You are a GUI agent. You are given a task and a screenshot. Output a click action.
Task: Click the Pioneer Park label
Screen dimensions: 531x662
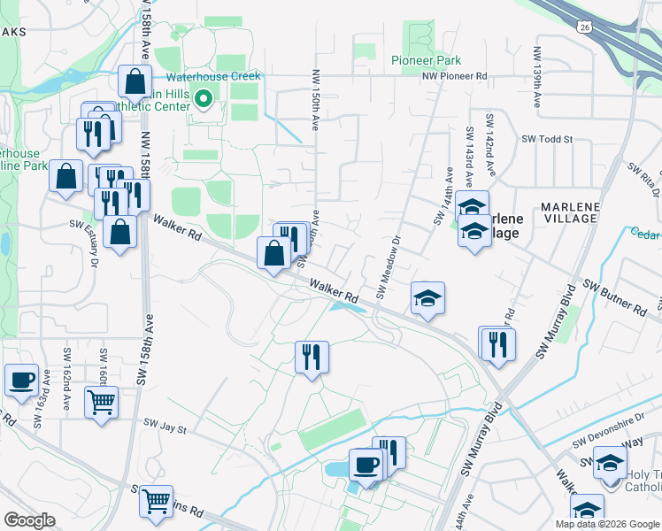427,61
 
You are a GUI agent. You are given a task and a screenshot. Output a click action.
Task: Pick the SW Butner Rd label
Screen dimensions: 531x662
613,300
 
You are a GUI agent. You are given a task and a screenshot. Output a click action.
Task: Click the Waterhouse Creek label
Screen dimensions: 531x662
222,76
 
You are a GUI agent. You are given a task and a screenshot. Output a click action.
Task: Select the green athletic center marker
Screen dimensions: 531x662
204,98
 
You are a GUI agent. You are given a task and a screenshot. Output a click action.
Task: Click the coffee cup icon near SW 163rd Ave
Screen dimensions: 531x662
21,381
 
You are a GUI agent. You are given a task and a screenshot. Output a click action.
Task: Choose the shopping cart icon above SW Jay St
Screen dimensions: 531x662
101,403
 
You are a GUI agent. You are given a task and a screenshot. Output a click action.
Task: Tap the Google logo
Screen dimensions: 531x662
29,520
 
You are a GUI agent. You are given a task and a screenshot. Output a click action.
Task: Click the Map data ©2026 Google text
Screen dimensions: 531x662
607,524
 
